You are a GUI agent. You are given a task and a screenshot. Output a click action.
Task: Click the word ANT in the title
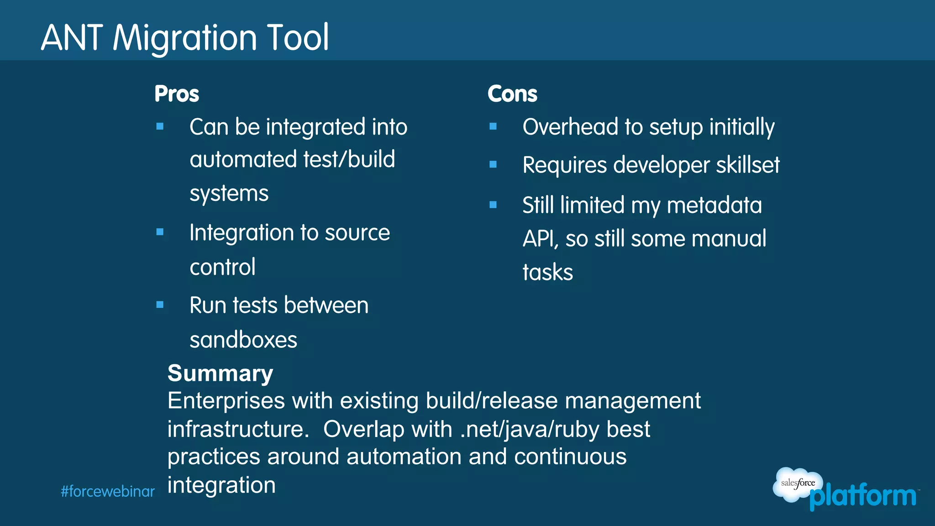pos(72,38)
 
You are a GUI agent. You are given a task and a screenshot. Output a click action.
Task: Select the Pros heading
pos(177,94)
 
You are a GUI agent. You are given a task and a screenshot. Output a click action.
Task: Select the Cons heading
pos(512,94)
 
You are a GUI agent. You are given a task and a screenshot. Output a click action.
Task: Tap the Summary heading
pos(220,373)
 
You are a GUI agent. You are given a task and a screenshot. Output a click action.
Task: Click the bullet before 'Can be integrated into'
pos(160,126)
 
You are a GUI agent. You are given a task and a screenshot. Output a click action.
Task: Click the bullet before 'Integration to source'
pos(160,232)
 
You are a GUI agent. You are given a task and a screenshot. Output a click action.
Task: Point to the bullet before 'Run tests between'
pos(160,305)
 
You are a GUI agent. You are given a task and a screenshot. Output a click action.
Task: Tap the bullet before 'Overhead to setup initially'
pos(493,126)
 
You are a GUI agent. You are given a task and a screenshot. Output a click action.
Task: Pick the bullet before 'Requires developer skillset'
pos(493,164)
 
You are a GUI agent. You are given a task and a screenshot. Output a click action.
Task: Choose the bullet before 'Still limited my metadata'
pos(493,205)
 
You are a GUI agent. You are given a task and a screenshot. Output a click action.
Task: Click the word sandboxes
pos(243,340)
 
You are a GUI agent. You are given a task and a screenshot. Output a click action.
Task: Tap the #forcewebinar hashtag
pos(108,492)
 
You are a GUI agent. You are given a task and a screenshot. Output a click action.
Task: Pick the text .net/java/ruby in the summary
pos(529,430)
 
